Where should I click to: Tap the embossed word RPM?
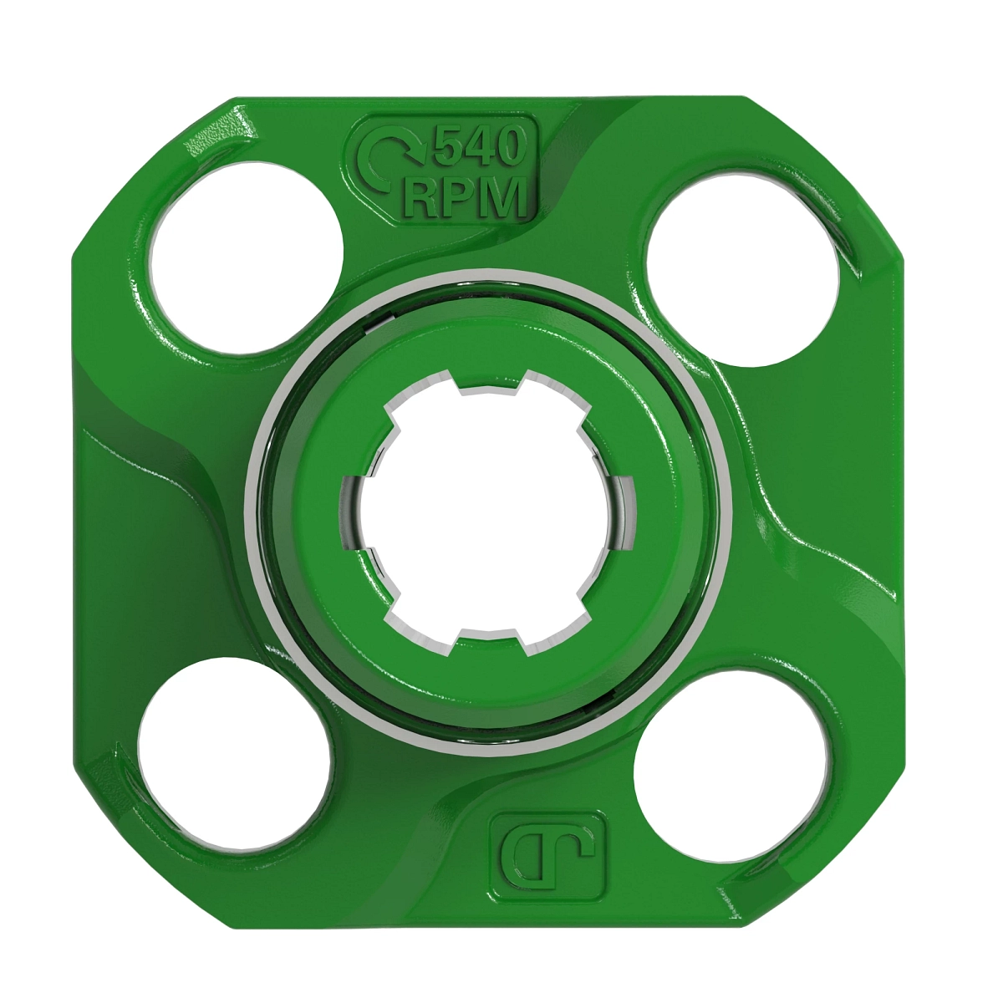tap(465, 198)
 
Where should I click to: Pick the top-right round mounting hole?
tap(741, 269)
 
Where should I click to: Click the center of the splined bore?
tap(488, 512)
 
